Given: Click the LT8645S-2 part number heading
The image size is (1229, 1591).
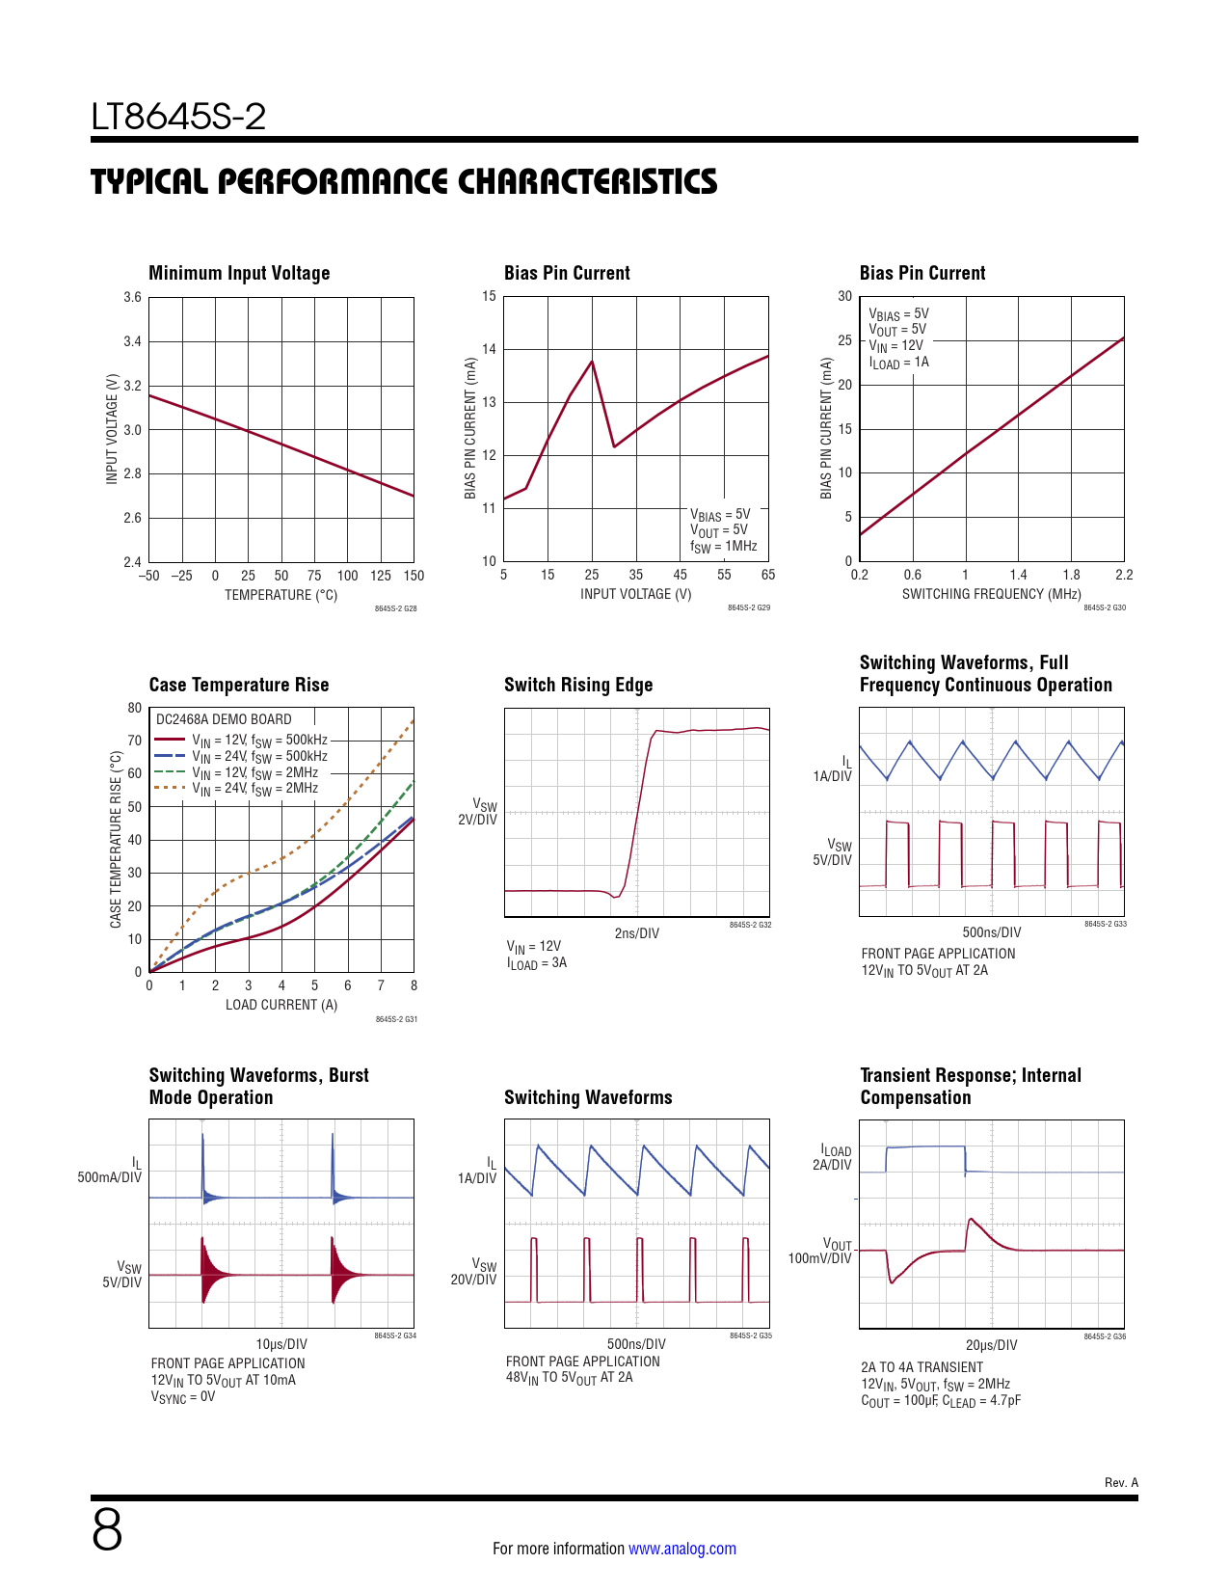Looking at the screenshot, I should coord(178,117).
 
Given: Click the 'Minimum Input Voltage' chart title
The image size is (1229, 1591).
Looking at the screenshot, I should coord(239,273).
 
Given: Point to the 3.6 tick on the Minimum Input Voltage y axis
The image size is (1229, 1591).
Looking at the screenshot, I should coord(132,297).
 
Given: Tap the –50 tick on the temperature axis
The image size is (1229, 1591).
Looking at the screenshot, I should coord(148,576).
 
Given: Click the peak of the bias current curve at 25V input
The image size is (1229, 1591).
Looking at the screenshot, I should coord(592,362).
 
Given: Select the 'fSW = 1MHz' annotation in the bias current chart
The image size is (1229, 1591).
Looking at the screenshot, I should coord(723,547).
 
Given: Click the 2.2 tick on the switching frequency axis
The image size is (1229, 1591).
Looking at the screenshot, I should coord(1124,575).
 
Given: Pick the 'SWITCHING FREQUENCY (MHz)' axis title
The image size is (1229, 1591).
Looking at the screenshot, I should coord(991,594).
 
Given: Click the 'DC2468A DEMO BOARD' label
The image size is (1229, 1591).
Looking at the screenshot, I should coord(224,719).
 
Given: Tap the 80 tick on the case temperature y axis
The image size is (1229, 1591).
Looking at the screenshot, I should coord(135,708).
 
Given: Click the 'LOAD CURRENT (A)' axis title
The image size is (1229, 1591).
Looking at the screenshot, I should coord(281,1005).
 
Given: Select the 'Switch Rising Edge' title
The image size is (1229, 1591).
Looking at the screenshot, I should coord(578,685).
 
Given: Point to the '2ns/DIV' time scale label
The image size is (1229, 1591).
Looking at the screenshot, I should coord(637,933).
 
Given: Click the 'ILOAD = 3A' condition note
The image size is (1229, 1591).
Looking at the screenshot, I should coord(537,963).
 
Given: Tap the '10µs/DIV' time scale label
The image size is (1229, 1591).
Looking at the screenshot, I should coord(281,1344).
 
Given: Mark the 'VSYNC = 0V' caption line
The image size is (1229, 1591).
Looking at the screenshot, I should coord(183,1397).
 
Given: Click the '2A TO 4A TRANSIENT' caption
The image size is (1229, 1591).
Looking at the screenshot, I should coord(922,1367).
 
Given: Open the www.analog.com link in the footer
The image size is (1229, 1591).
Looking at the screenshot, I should coord(682,1549).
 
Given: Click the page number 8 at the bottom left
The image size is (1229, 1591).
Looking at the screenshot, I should coord(107,1529).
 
